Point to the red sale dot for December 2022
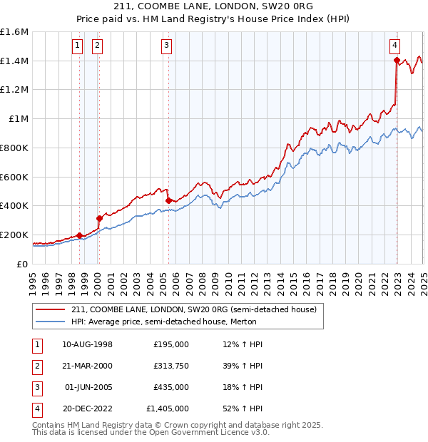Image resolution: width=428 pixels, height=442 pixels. (x=397, y=61)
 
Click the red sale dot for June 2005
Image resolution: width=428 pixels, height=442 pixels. (x=168, y=201)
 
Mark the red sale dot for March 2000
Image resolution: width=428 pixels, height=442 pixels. (x=100, y=218)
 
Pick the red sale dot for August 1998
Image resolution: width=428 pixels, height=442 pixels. (x=79, y=235)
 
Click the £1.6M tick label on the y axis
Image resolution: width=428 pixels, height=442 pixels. (x=14, y=32)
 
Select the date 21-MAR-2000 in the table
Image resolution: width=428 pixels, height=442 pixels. (x=88, y=366)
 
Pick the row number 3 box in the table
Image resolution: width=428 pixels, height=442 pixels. (x=36, y=387)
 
